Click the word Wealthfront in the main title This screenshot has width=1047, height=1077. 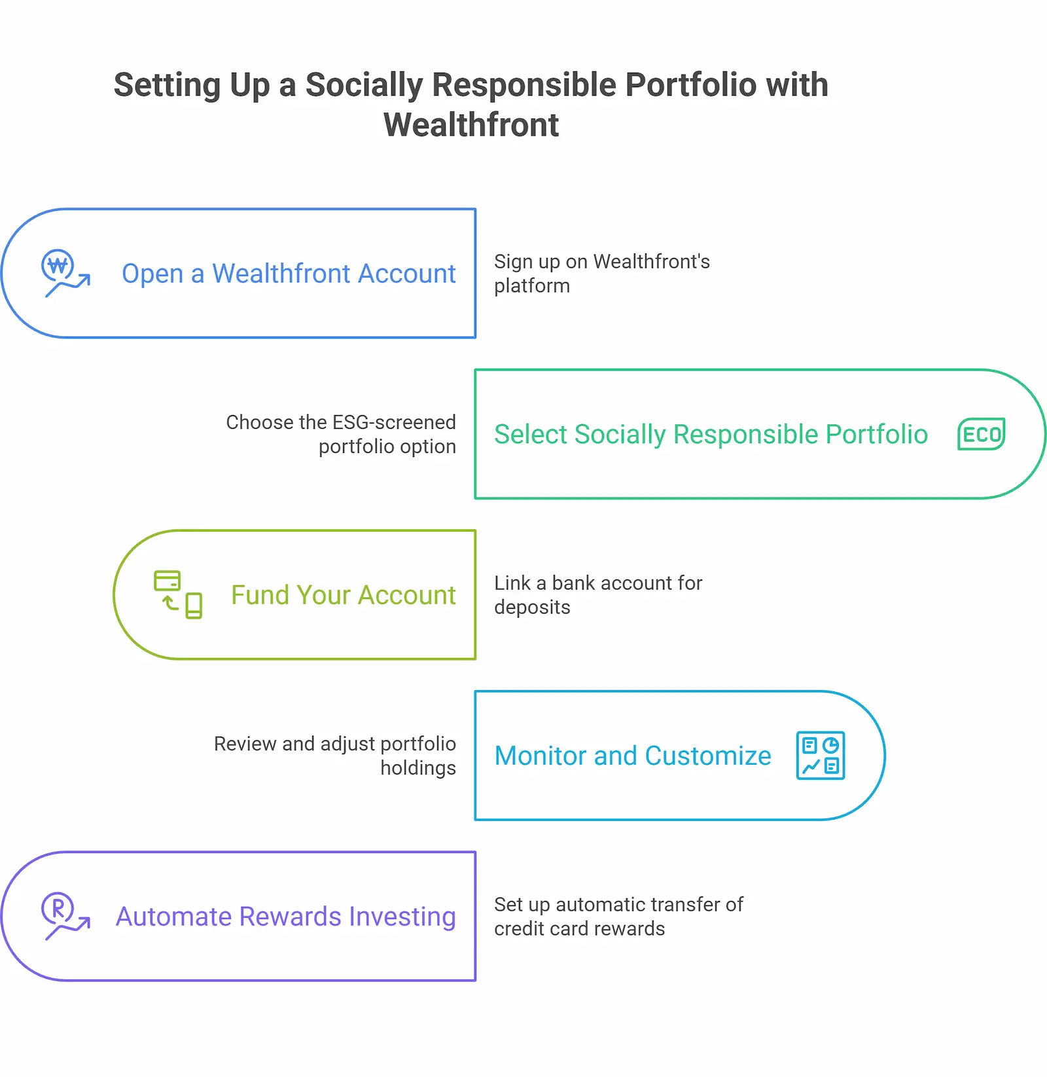point(471,125)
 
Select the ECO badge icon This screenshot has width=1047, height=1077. point(981,434)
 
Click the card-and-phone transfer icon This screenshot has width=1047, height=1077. point(177,594)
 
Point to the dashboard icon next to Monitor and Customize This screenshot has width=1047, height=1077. point(820,756)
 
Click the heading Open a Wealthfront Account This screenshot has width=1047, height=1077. point(289,274)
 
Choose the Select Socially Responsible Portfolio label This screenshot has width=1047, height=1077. point(711,435)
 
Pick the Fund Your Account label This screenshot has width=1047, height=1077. point(343,595)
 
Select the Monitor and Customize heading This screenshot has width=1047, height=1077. point(633,756)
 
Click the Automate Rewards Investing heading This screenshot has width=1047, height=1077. point(285,917)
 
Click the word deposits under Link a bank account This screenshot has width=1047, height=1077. point(532,608)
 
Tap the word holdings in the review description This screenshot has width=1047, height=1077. point(418,768)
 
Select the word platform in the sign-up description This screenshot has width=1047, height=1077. point(532,286)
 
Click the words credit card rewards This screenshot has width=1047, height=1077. point(579,929)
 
